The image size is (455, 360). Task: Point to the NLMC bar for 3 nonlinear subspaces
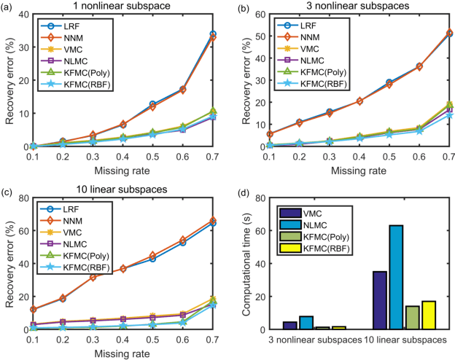[306, 323]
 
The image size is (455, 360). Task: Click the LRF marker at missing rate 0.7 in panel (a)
[213, 34]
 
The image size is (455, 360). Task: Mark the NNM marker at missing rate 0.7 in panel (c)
[213, 220]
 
